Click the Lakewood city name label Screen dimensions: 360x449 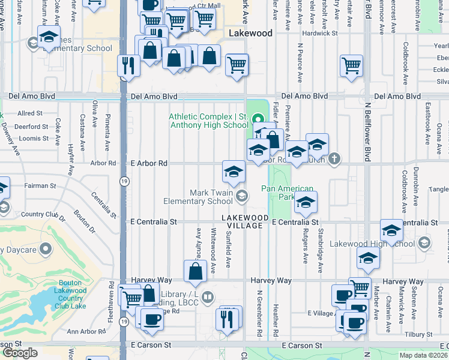coord(250,33)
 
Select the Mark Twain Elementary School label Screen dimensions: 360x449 coord(203,197)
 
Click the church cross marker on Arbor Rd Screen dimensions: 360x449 coord(335,159)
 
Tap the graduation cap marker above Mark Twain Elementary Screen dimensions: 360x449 coord(234,172)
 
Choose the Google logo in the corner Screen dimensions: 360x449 coord(20,352)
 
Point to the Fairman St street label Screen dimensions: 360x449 coord(40,186)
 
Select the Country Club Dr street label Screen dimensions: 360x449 coord(41,214)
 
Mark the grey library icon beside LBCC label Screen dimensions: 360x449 coord(207,296)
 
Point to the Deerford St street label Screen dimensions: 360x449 coord(32,127)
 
